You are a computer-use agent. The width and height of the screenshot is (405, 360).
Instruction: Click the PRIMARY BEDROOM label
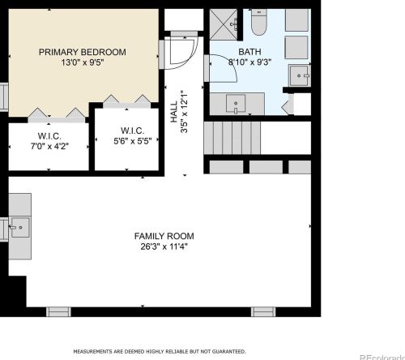(83, 52)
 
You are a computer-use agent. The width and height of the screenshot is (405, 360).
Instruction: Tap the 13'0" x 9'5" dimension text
(83, 62)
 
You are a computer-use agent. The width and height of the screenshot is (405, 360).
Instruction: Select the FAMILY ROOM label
(164, 236)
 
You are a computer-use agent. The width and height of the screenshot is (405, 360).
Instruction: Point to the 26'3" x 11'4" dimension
(164, 246)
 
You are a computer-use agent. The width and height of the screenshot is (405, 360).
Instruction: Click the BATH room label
(249, 51)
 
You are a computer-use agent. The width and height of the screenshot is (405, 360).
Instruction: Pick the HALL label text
(174, 111)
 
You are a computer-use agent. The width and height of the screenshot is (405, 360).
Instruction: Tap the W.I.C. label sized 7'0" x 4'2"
(49, 135)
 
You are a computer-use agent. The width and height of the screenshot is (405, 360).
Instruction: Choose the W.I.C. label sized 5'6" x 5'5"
(132, 131)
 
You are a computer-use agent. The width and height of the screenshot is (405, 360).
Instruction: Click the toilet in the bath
(259, 22)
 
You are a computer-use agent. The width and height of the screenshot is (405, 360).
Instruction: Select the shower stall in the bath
(224, 24)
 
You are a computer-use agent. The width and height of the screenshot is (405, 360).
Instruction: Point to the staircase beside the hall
(232, 138)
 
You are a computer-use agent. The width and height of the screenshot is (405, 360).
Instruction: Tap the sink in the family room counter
(19, 228)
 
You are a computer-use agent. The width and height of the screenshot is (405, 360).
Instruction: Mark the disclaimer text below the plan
(160, 351)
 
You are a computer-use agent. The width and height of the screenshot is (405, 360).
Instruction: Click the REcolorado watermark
(382, 357)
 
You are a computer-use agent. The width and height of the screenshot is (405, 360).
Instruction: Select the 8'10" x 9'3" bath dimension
(249, 62)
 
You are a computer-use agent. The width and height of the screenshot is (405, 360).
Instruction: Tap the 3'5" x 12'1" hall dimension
(184, 111)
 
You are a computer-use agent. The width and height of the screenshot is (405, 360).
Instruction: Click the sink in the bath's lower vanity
(236, 103)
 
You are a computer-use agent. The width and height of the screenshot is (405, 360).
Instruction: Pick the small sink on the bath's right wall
(299, 75)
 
